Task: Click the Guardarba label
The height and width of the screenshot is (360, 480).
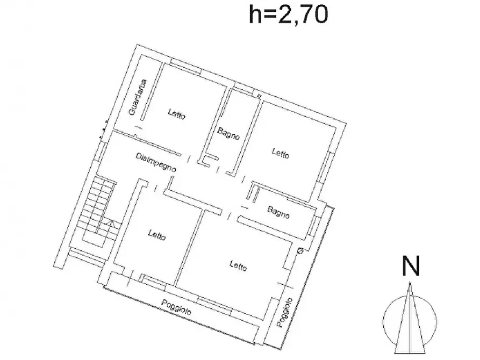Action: click(138, 97)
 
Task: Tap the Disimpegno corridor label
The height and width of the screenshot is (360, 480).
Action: click(156, 162)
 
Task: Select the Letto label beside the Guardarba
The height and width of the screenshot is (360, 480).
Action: click(177, 114)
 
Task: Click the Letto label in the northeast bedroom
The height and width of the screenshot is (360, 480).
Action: click(281, 153)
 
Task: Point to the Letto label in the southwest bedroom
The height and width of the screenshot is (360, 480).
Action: click(157, 235)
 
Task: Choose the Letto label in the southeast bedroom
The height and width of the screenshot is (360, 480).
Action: click(238, 265)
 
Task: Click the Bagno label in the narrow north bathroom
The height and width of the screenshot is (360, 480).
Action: click(228, 133)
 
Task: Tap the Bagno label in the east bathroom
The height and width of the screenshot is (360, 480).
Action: click(278, 212)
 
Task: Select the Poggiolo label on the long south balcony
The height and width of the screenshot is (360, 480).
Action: click(177, 307)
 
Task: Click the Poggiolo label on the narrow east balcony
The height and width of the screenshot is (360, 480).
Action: click(285, 312)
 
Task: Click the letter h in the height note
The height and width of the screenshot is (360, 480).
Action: click(255, 15)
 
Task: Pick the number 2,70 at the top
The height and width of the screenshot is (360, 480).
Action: click(303, 15)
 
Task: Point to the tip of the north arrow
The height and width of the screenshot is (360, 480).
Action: click(410, 282)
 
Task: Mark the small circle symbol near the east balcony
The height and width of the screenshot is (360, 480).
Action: click(300, 251)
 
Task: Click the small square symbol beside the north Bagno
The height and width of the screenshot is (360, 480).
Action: click(259, 96)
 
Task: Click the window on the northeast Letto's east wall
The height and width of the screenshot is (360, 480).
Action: click(324, 168)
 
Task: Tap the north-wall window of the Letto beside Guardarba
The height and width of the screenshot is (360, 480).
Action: click(185, 67)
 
